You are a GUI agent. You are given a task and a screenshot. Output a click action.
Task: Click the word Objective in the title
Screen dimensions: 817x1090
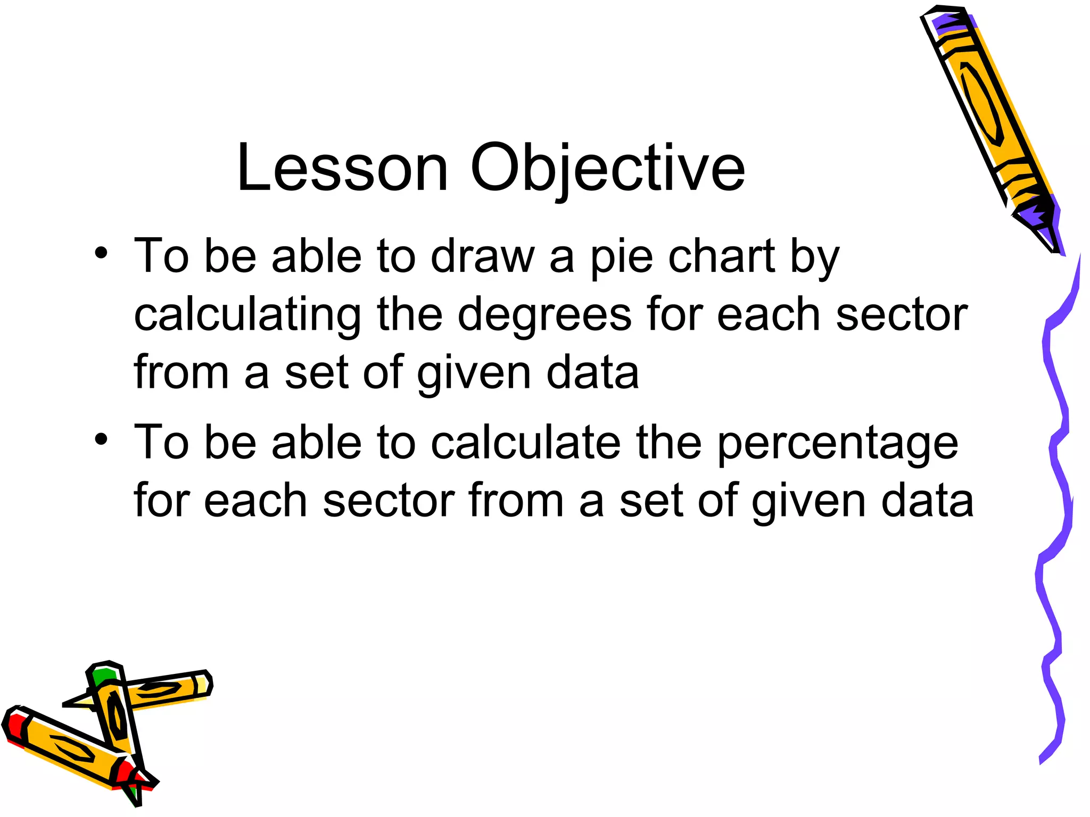tap(607, 169)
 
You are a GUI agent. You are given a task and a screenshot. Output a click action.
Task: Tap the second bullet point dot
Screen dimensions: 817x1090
tap(101, 439)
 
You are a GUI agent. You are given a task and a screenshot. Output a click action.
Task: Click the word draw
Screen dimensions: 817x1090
tap(482, 256)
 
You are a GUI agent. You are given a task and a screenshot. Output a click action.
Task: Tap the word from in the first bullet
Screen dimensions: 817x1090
tap(181, 372)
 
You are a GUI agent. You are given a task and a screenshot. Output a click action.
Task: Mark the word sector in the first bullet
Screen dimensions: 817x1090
tap(901, 315)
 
